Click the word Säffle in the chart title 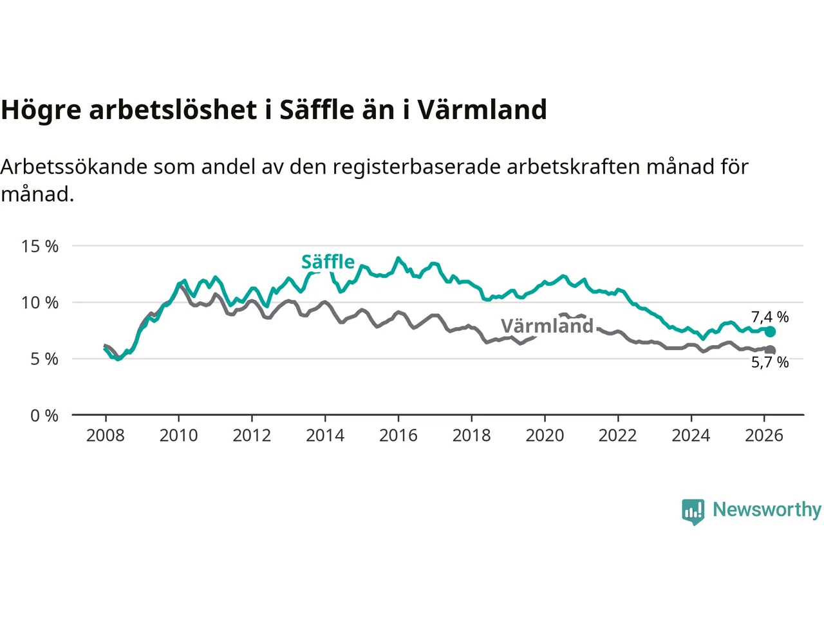(x=316, y=110)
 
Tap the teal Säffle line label (x=328, y=262)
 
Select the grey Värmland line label (x=547, y=326)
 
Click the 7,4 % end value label (x=770, y=317)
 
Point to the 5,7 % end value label (x=770, y=362)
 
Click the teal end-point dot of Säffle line (x=770, y=332)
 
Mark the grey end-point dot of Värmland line (x=770, y=350)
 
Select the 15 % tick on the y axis (x=40, y=246)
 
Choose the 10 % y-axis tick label (x=40, y=303)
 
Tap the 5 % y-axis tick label (x=44, y=359)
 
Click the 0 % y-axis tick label (x=44, y=416)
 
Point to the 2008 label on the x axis (x=106, y=436)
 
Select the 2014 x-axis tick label (x=325, y=436)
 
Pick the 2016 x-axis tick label (x=398, y=436)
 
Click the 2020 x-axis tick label (x=545, y=436)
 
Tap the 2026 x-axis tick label (x=764, y=436)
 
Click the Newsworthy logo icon (x=693, y=512)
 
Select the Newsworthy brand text (x=767, y=509)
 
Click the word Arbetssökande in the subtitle (x=74, y=167)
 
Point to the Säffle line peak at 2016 (x=398, y=258)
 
